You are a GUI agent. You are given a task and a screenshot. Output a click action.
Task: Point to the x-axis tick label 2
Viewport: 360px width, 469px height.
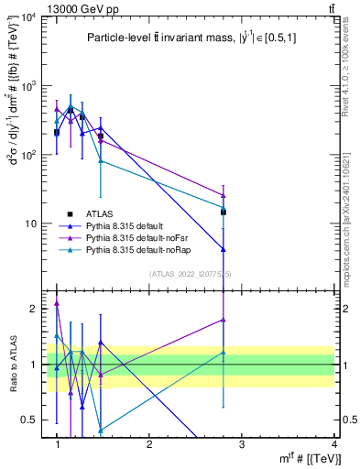coord(149,443)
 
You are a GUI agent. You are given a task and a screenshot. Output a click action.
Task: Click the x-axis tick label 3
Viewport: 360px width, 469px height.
coord(242,443)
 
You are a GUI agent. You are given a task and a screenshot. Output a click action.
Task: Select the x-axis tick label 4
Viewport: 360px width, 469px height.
coord(333,443)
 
